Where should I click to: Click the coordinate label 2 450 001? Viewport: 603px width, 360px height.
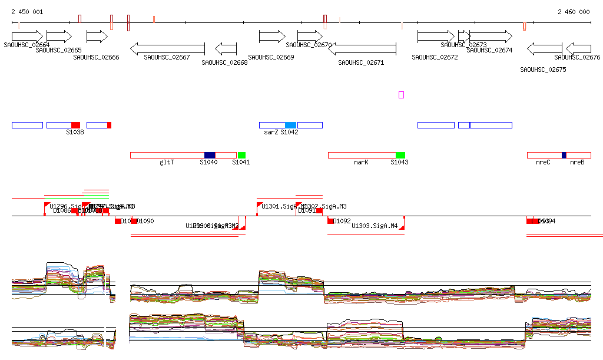click(x=27, y=12)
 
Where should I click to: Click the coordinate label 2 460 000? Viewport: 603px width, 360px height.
click(x=574, y=12)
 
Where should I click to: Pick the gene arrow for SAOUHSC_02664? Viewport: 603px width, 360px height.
click(x=27, y=36)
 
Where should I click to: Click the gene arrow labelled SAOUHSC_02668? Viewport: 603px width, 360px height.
click(x=226, y=48)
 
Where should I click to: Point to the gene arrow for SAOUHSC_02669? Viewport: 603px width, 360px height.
click(x=272, y=37)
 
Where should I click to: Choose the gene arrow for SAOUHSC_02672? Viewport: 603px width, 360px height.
click(x=436, y=37)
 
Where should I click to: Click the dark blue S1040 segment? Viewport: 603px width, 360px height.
click(x=210, y=155)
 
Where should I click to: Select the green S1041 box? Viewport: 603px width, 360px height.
click(x=241, y=155)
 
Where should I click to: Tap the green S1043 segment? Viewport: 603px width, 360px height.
click(x=400, y=155)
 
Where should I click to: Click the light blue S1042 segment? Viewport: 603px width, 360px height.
click(x=290, y=125)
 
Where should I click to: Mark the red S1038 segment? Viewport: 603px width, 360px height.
click(x=75, y=125)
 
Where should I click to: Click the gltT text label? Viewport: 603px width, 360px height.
click(x=167, y=162)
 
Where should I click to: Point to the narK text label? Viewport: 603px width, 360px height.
click(x=361, y=162)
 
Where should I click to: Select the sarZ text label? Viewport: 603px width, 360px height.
click(x=271, y=133)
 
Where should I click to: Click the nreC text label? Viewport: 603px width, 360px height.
click(x=543, y=162)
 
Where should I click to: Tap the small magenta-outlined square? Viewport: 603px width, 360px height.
click(x=401, y=95)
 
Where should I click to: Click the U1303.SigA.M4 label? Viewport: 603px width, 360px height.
click(x=375, y=226)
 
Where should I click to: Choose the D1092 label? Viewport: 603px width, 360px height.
click(x=342, y=222)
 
